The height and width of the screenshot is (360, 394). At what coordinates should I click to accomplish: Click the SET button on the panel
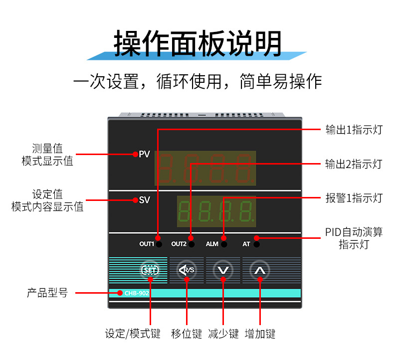coord(150,270)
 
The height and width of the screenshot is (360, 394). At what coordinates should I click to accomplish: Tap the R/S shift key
coord(187,270)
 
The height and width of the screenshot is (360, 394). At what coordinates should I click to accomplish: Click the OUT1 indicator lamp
coord(159,244)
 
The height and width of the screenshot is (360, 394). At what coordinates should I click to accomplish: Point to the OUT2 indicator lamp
coord(191,244)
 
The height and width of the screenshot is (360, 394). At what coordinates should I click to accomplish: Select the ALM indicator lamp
coord(224,244)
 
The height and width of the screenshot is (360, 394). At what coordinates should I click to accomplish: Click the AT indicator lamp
coord(256,244)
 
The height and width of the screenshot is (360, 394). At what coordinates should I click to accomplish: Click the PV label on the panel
coord(144,154)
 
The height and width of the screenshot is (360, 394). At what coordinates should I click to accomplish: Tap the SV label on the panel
coord(144,200)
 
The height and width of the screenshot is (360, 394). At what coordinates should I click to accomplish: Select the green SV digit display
coord(216,211)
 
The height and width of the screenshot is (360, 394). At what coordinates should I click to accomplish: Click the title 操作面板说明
coord(197,44)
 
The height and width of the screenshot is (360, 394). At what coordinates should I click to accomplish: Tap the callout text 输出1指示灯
coord(354,130)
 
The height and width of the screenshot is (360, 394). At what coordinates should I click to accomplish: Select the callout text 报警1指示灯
coord(354,198)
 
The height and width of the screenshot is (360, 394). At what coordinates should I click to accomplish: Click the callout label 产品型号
coord(47,293)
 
